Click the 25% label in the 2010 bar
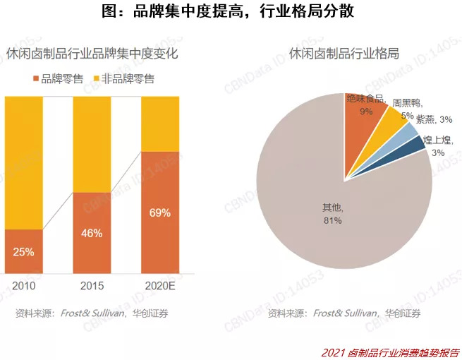pos(23,251)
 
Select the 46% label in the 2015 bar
pos(92,232)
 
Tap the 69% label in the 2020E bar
pos(160,212)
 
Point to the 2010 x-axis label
pos(23,287)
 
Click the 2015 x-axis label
pos(92,287)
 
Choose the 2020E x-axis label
pos(161,287)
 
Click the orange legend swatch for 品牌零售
pos(36,79)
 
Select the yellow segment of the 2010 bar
pos(23,162)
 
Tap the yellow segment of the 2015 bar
pos(92,144)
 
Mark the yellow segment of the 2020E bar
pos(160,124)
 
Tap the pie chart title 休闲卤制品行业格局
pos(345,54)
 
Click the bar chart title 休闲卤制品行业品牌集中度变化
pos(92,54)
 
